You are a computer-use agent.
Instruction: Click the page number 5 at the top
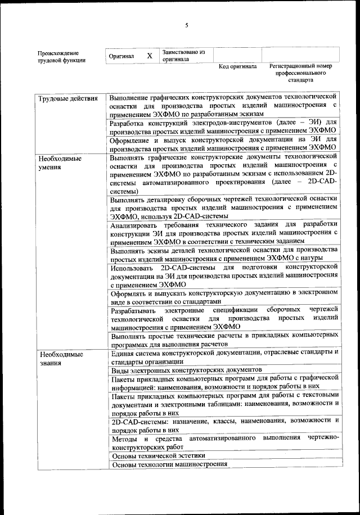[x=186, y=25]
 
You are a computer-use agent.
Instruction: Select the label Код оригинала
[x=237, y=66]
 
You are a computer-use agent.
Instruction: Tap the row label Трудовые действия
[x=68, y=98]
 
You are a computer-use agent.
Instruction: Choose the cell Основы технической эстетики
[x=159, y=456]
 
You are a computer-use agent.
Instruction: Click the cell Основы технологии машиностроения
[x=170, y=465]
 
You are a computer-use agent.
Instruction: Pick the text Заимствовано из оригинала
[x=183, y=56]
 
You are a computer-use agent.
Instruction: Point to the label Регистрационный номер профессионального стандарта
[x=300, y=73]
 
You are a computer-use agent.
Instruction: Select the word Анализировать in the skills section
[x=135, y=225]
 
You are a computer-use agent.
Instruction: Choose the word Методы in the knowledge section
[x=124, y=437]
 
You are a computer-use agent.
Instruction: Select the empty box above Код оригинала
[x=237, y=56]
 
